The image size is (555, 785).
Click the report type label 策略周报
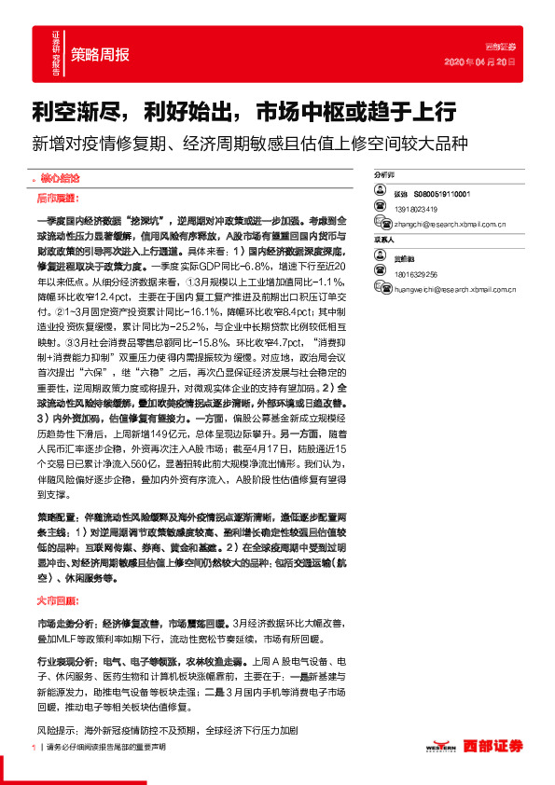(100, 53)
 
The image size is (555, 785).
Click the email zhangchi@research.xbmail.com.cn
(450, 224)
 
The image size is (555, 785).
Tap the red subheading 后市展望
(57, 198)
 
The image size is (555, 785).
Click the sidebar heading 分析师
(384, 174)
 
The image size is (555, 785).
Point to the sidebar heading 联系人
(384, 240)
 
